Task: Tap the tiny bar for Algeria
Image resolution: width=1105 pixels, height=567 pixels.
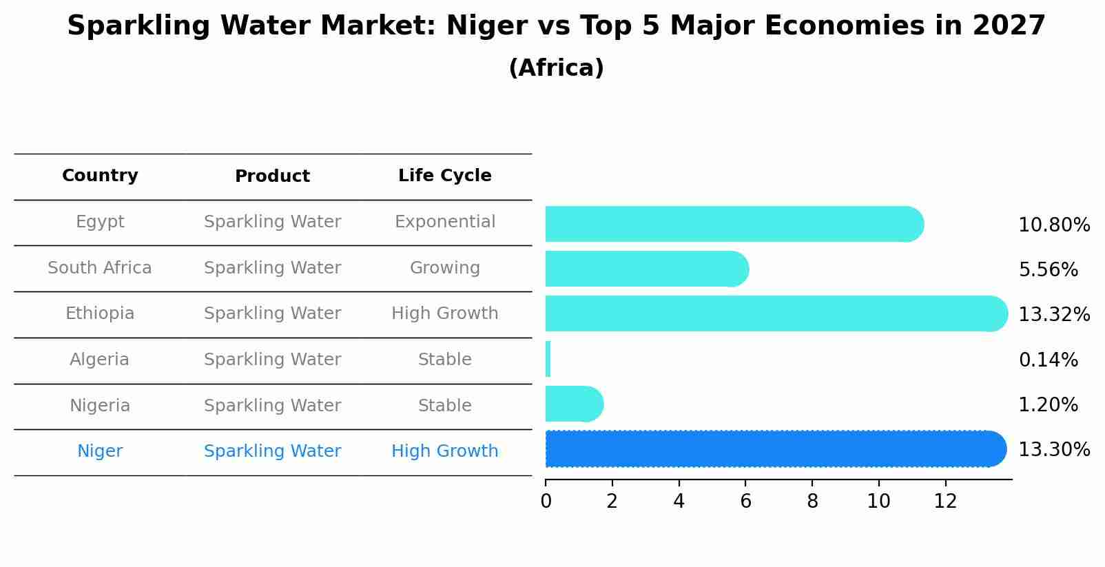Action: tap(548, 359)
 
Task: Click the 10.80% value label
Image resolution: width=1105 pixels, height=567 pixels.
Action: tap(1053, 225)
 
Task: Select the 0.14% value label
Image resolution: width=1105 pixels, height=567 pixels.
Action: tap(1048, 360)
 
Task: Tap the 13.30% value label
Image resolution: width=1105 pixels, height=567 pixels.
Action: tap(1053, 450)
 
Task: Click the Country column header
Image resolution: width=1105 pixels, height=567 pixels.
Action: tap(100, 176)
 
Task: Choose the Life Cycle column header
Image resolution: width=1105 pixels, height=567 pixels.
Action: tap(444, 176)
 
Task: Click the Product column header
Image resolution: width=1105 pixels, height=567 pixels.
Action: tap(272, 176)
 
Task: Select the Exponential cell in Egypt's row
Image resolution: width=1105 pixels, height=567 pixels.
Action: tap(444, 222)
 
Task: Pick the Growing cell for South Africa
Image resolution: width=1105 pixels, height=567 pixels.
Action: tap(444, 268)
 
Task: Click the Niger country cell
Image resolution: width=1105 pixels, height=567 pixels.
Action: tap(100, 451)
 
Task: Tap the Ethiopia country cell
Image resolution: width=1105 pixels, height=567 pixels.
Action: tap(100, 313)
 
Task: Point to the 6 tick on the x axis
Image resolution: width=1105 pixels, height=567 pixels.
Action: tap(745, 501)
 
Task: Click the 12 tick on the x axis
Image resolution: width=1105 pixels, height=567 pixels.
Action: tap(945, 501)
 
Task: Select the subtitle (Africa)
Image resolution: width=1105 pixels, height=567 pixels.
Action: tap(556, 68)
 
